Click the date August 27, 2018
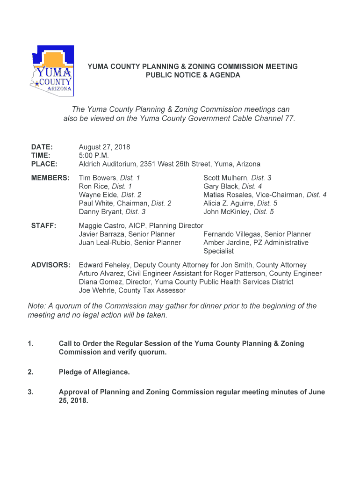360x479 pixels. coord(104,147)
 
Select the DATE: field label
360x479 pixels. coord(42,147)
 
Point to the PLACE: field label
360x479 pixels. coord(44,164)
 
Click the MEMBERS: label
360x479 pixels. coord(50,178)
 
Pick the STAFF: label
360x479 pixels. coord(43,226)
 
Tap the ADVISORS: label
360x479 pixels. coord(50,265)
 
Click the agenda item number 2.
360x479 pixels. coord(30,372)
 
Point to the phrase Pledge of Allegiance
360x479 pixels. coord(94,372)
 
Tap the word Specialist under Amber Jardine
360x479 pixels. coord(218,251)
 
